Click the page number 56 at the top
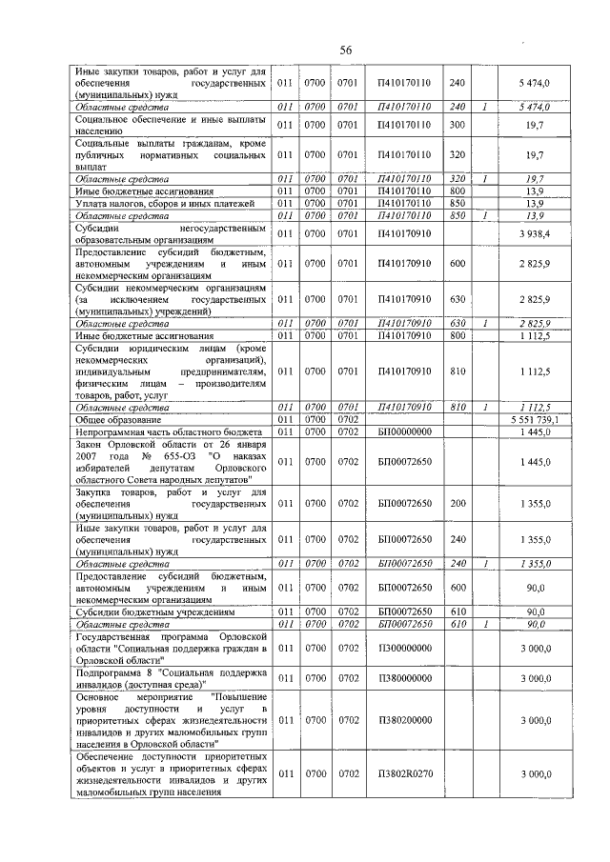point(346,50)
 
